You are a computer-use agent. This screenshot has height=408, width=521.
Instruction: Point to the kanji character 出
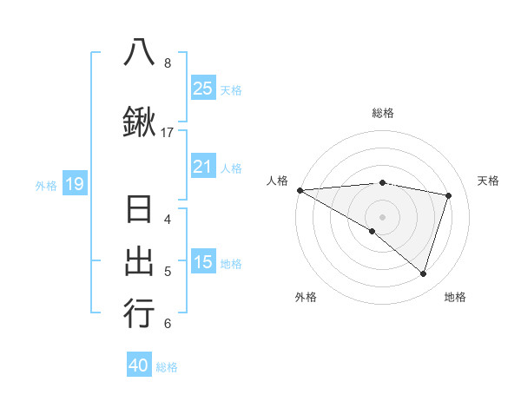[139, 262]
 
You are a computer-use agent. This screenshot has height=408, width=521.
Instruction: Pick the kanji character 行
[139, 313]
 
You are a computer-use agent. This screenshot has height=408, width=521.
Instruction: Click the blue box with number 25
[202, 88]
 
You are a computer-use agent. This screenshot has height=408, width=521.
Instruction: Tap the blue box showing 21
[202, 167]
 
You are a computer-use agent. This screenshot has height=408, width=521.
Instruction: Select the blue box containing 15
[202, 262]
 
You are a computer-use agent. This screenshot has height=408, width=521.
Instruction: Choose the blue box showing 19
[75, 184]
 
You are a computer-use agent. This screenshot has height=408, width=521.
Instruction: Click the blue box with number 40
[139, 365]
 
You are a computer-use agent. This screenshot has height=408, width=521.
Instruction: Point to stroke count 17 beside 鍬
[168, 133]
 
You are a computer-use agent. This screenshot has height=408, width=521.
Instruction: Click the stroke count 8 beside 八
[168, 63]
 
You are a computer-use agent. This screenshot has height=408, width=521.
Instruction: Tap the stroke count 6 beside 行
[168, 325]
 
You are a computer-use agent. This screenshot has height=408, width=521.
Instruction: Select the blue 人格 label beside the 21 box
[231, 168]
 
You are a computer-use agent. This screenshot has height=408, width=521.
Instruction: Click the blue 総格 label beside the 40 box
[167, 367]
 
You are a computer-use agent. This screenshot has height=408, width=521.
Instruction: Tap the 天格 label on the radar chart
[488, 181]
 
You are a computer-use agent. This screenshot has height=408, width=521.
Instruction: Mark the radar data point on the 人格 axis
[300, 189]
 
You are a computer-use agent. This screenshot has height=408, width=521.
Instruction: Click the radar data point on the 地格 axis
[423, 273]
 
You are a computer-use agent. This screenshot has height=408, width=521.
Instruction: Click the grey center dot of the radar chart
[382, 215]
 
